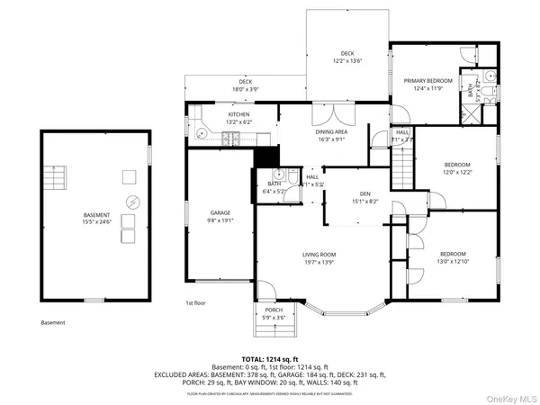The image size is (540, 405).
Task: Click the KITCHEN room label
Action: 213,114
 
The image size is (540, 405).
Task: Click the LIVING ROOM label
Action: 319,255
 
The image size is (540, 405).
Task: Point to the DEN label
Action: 365,193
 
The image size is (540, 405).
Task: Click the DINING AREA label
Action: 332,132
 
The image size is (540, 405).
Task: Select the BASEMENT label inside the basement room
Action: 96,215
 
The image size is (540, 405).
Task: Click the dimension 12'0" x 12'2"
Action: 457,171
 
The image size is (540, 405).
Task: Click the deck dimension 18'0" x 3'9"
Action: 220,88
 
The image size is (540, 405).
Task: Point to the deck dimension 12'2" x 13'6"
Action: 346,60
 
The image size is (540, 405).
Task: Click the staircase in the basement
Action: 58,178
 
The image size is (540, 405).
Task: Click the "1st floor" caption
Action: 196,303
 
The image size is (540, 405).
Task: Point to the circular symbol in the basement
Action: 132,201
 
